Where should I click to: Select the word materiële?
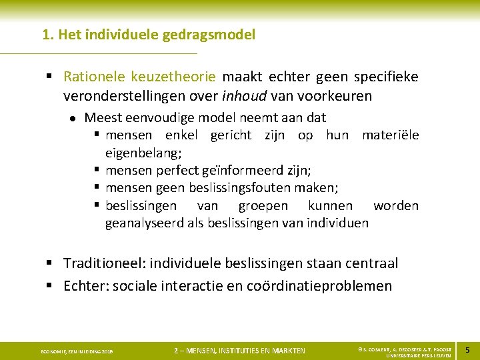pos(390,135)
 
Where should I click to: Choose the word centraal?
pos(371,263)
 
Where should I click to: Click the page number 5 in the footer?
pos(467,350)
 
